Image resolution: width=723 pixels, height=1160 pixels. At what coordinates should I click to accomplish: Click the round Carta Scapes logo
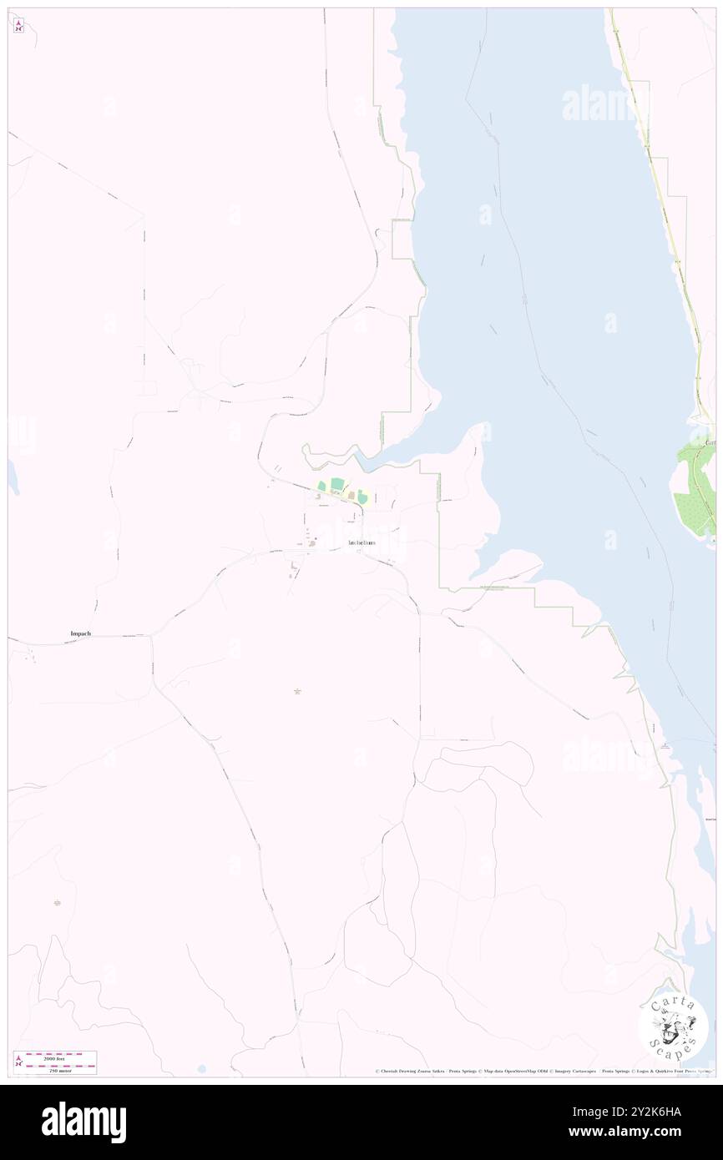(x=674, y=1026)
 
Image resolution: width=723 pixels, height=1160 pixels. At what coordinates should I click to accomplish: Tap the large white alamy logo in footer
(x=83, y=1122)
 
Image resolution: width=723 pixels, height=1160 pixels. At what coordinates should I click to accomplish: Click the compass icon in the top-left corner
(x=18, y=26)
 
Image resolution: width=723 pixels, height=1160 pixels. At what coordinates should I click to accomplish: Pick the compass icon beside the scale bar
(x=19, y=1062)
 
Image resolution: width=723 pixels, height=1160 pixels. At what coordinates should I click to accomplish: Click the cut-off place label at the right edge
(x=710, y=442)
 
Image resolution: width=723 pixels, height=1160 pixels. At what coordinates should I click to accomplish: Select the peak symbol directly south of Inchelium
(x=297, y=691)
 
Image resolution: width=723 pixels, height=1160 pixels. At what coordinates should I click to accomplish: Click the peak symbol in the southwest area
(x=58, y=903)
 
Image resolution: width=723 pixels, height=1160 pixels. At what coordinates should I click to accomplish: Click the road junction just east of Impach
(x=152, y=637)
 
